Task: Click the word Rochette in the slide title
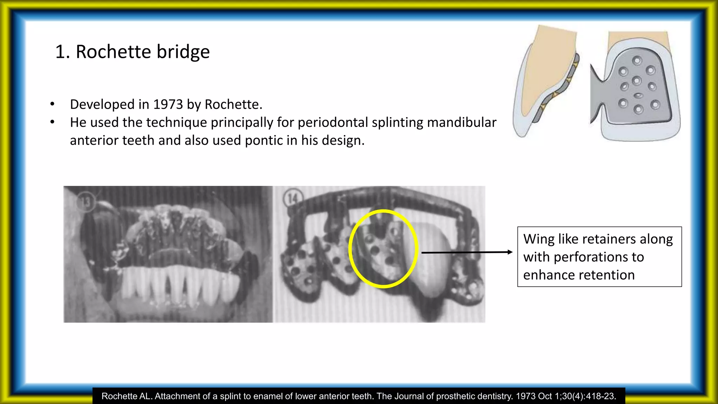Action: coord(113,52)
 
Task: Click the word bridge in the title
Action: coord(183,52)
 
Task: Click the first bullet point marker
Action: coord(52,104)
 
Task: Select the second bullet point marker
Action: coord(52,122)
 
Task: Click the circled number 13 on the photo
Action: coord(86,202)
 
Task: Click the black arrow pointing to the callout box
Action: coord(466,252)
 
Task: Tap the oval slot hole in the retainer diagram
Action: coord(638,95)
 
